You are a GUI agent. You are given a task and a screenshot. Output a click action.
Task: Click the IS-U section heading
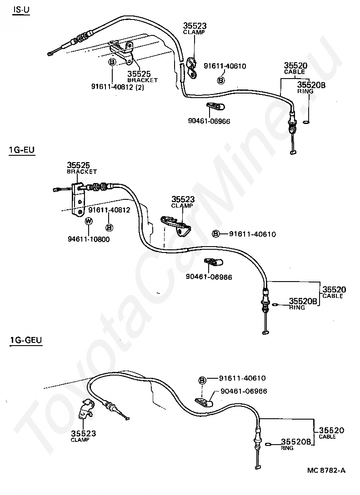pos(21,10)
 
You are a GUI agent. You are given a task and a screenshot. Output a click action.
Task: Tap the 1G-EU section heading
pos(22,149)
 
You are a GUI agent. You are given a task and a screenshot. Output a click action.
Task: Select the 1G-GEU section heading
pos(26,340)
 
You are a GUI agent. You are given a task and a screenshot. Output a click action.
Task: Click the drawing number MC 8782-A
pos(326,470)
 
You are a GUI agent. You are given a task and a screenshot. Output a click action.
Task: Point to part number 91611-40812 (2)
pos(118,87)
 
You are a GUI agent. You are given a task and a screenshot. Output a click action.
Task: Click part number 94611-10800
pos(89,239)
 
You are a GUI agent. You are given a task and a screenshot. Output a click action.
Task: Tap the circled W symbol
pos(89,221)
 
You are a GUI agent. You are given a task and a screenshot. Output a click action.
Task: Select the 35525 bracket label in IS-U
pos(142,76)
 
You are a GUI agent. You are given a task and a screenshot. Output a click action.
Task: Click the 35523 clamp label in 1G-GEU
pos(83,436)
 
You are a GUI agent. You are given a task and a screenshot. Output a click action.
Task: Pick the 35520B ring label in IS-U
pos(311,88)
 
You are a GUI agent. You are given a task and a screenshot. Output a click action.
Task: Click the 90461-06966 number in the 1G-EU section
pos(209,277)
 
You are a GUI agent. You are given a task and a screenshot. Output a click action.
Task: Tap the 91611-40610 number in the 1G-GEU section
pos(242,378)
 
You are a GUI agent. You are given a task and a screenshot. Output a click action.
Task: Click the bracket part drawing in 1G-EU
pos(78,200)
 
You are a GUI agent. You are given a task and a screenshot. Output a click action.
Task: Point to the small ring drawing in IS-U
pos(306,122)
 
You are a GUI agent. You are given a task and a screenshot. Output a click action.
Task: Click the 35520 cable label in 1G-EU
pos(334,292)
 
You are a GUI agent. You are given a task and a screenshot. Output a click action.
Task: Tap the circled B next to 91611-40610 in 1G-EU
pos(215,234)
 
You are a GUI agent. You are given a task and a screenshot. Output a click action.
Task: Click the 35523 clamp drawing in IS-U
pos(191,67)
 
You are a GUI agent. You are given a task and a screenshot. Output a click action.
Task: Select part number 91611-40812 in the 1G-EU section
pos(109,210)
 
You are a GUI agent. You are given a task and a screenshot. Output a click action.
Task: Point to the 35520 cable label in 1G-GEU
pos(331,433)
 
